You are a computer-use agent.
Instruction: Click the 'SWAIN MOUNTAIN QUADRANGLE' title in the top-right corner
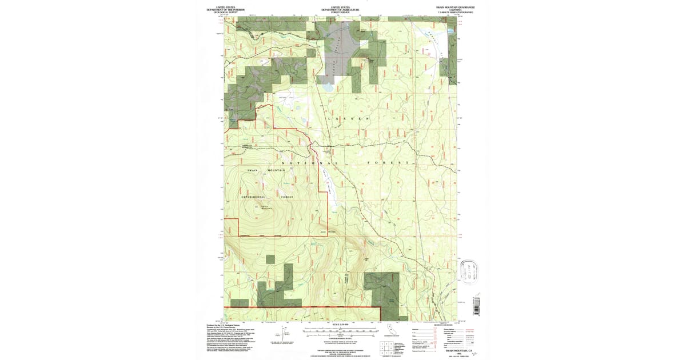click(455, 7)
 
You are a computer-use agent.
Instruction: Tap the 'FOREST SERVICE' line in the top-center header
click(340, 12)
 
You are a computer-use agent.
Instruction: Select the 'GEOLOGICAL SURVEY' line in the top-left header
click(229, 12)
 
